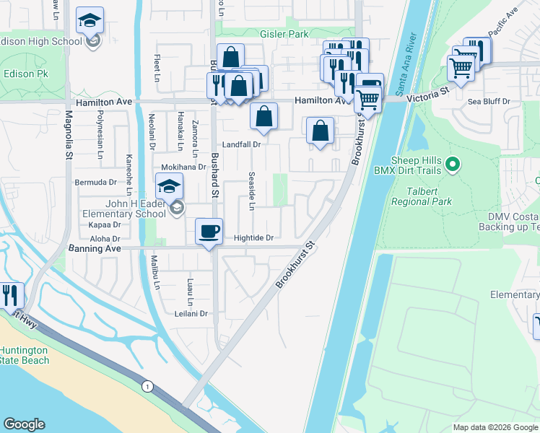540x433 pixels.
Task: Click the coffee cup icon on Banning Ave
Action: [x=209, y=232]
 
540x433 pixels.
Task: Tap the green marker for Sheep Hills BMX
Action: [x=453, y=165]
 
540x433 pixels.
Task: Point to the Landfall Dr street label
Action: [x=240, y=144]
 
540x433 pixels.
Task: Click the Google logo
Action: [x=25, y=424]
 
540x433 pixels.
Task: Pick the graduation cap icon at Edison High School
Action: [x=90, y=20]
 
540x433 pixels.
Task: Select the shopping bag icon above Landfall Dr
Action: [x=265, y=115]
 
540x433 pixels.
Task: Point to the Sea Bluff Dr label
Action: [x=489, y=102]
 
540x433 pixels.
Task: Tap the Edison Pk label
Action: [x=25, y=74]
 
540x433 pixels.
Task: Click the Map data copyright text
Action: [x=495, y=427]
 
